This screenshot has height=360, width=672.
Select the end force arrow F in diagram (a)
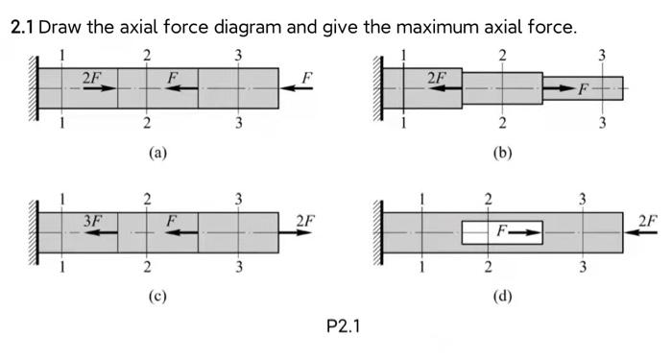click(298, 87)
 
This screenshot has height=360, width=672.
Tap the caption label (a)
click(158, 151)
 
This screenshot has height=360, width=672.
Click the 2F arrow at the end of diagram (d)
click(641, 231)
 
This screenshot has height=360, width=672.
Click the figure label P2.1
click(343, 326)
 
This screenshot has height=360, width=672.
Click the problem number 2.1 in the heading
click(22, 26)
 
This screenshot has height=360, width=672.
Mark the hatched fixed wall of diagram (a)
click(35, 87)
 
